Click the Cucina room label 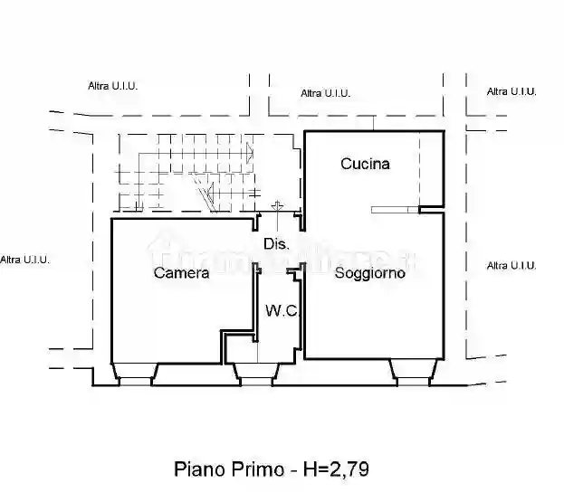[x=365, y=164]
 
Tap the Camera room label [x=181, y=272]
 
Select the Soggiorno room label [x=369, y=272]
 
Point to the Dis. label [x=276, y=244]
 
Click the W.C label [x=281, y=310]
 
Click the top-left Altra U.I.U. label [x=112, y=86]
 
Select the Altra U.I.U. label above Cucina [x=325, y=93]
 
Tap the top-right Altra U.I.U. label [x=511, y=91]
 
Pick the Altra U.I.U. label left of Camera [x=24, y=260]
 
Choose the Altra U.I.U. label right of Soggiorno [x=511, y=265]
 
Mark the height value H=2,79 [x=336, y=469]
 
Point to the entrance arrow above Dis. [x=277, y=209]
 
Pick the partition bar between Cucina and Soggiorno [x=396, y=211]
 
